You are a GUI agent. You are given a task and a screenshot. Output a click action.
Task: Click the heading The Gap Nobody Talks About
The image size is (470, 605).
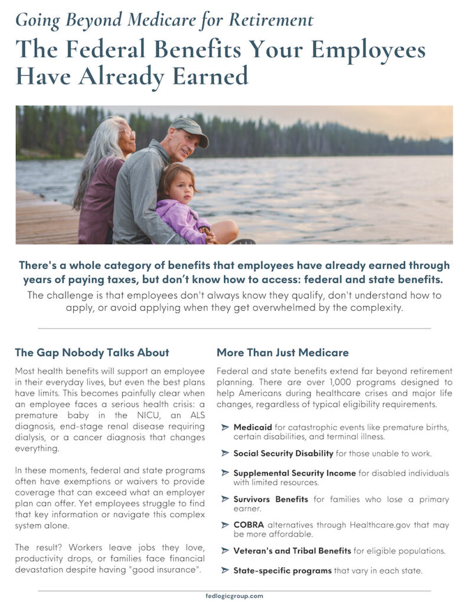(x=92, y=353)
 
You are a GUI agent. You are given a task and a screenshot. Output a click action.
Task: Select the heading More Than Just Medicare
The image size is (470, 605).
(x=282, y=353)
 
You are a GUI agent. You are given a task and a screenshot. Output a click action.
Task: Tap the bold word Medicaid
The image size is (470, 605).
(x=253, y=427)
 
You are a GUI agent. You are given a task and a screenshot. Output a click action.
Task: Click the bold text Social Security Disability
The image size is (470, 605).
(x=283, y=453)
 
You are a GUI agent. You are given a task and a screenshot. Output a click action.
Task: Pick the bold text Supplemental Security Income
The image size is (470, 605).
(x=294, y=473)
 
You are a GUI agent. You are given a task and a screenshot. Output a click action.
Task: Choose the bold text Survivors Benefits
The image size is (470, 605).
(x=270, y=499)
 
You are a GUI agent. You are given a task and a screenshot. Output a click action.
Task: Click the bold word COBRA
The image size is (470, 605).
(x=249, y=525)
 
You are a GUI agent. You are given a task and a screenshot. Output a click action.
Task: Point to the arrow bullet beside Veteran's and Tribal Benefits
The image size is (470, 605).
(x=224, y=551)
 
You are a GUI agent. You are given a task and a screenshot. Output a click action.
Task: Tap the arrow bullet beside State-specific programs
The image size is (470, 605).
(x=224, y=570)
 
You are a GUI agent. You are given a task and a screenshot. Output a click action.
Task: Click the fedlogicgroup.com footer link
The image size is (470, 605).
(x=234, y=596)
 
